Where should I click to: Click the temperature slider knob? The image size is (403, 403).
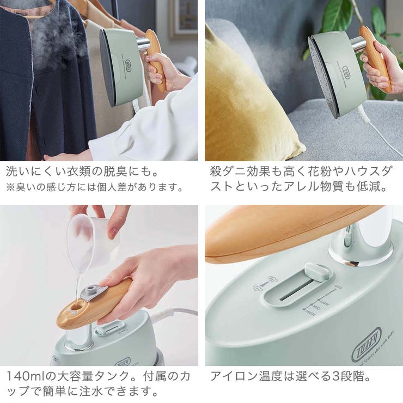[x=316, y=271]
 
